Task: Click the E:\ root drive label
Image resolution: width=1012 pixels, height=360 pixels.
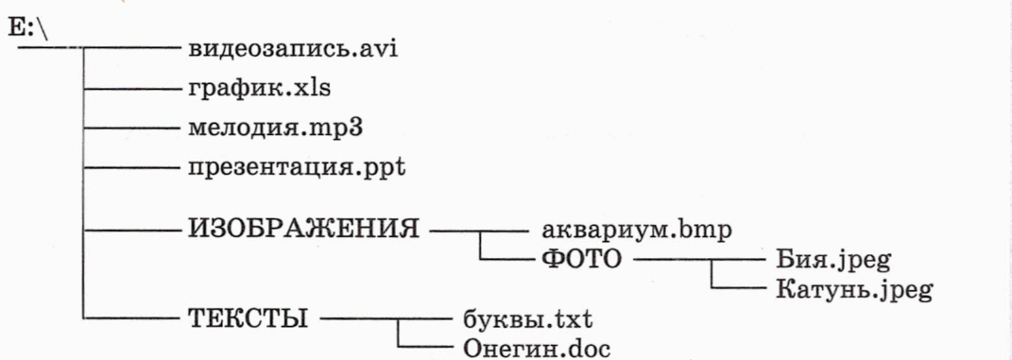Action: pos(26,31)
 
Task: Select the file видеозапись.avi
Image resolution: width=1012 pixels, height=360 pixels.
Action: pos(292,48)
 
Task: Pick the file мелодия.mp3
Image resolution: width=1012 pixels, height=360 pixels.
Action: pos(275,128)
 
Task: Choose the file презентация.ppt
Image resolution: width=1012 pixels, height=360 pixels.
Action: pos(297,168)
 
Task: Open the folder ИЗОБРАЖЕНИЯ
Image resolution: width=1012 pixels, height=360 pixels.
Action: pos(303,229)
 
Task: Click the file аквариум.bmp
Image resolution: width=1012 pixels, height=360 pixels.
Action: pos(636,231)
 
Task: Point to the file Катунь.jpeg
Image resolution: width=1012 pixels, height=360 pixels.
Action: pos(852,290)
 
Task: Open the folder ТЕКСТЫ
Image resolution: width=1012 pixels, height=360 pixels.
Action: pos(248,318)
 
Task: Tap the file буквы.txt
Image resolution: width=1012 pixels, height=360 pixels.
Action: pos(527,320)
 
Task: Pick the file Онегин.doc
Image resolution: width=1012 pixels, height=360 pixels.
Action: pos(537,349)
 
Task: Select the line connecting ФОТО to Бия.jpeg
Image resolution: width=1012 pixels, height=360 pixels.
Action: pos(697,260)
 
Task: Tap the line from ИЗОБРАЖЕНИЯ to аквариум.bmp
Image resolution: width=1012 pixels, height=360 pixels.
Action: pos(479,229)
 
